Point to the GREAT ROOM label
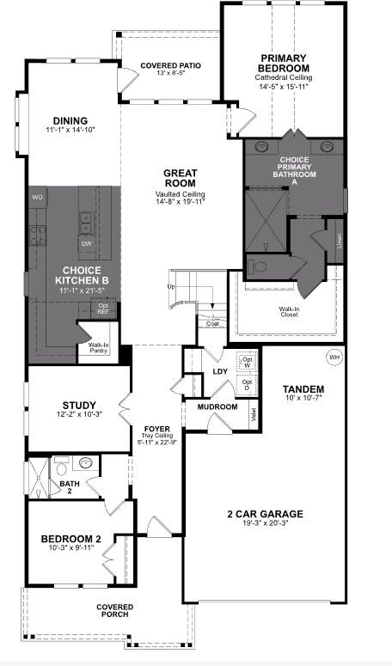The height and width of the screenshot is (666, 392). [x=180, y=178]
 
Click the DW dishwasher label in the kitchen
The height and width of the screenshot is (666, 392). [x=86, y=243]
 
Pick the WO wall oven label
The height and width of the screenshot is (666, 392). [x=37, y=198]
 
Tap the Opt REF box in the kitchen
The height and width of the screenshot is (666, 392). [x=103, y=309]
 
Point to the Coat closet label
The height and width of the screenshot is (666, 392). [x=211, y=323]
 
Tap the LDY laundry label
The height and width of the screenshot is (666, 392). [x=220, y=371]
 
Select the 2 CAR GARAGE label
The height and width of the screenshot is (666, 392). [x=264, y=514]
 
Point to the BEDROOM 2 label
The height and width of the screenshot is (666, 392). [x=71, y=539]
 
